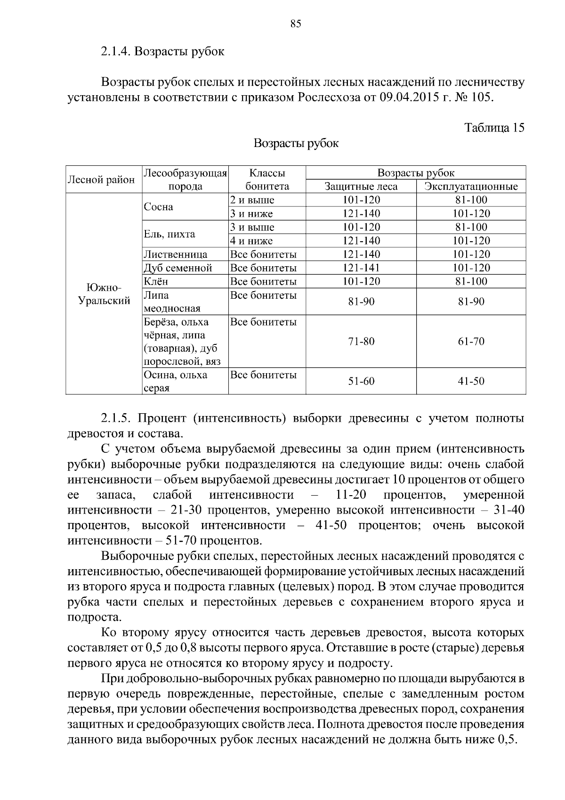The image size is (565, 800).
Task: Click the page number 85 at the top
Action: pos(295,24)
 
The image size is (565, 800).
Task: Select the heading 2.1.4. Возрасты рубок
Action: pos(162,51)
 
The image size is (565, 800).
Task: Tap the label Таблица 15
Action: pos(494,128)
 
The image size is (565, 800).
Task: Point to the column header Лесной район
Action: pos(102,180)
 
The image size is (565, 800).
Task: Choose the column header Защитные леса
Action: pos(361,187)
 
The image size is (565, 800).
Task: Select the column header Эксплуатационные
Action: pos(471,187)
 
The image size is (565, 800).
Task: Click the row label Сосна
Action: pos(159,207)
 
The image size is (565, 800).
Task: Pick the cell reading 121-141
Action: pos(361,268)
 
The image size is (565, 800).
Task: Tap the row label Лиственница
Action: pos(176,254)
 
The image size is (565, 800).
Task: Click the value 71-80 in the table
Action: pos(361,342)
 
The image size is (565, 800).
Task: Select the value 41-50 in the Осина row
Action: pos(471,381)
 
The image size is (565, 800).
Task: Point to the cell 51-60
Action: pos(361,381)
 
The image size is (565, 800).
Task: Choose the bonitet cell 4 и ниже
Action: pos(251,241)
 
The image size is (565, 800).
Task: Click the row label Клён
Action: pos(156,282)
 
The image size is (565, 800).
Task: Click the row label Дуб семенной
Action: pos(178,268)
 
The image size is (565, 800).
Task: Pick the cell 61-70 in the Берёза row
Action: pos(471,342)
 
